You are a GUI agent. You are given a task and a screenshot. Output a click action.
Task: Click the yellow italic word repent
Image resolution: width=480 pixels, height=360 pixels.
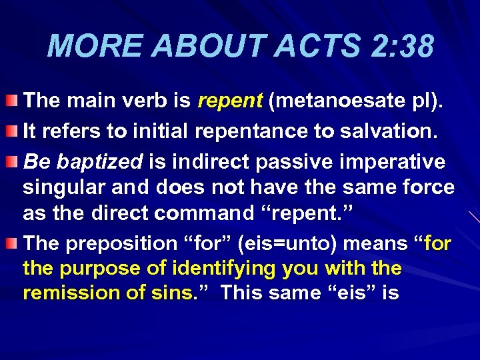(x=230, y=101)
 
